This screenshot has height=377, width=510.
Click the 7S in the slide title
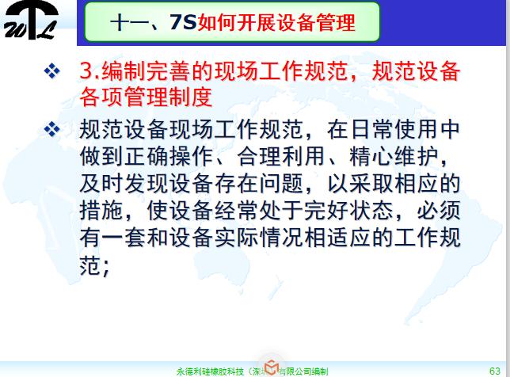(x=184, y=23)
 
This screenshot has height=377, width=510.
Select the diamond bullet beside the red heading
(x=54, y=72)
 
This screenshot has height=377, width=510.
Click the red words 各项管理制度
(x=147, y=97)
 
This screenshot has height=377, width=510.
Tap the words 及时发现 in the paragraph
(x=126, y=184)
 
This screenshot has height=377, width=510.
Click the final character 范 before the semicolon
(x=90, y=266)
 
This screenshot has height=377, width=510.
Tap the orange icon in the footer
(x=272, y=364)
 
